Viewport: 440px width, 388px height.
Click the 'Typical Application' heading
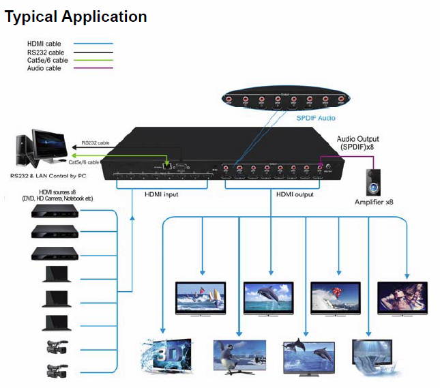(x=76, y=16)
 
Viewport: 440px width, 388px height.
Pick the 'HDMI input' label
(x=161, y=194)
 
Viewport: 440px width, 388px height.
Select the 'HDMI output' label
(x=295, y=194)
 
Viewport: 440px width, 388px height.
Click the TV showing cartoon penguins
(x=238, y=356)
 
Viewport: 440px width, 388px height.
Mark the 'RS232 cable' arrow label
(x=95, y=143)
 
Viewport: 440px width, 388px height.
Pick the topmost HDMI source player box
(x=55, y=211)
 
